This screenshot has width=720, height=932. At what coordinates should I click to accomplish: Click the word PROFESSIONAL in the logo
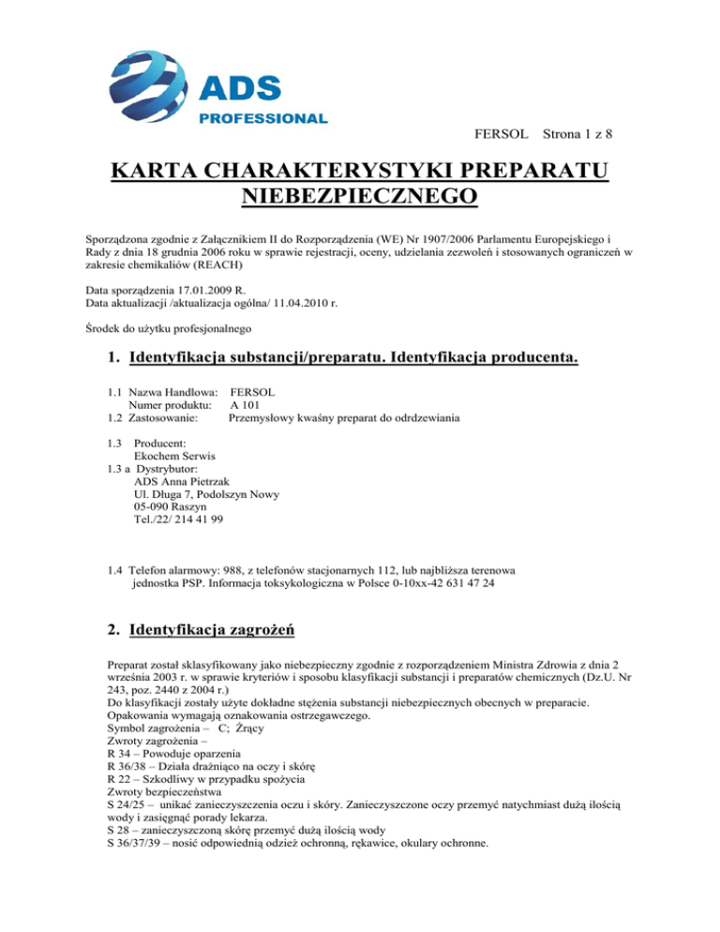point(262,119)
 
